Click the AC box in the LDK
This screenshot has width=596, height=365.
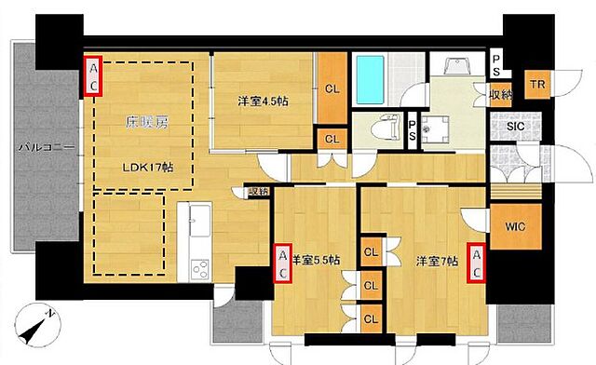pyautogui.click(x=93, y=75)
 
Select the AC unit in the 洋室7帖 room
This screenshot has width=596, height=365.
pyautogui.click(x=477, y=263)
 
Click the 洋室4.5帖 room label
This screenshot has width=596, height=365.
pyautogui.click(x=260, y=101)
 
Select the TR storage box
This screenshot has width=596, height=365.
pyautogui.click(x=537, y=84)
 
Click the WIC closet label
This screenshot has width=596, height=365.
pyautogui.click(x=515, y=225)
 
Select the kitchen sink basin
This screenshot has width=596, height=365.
pyautogui.click(x=198, y=223)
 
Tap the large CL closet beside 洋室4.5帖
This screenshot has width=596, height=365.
pyautogui.click(x=332, y=89)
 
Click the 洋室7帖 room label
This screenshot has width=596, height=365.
pyautogui.click(x=436, y=261)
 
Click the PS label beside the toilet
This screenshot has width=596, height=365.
pyautogui.click(x=412, y=130)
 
